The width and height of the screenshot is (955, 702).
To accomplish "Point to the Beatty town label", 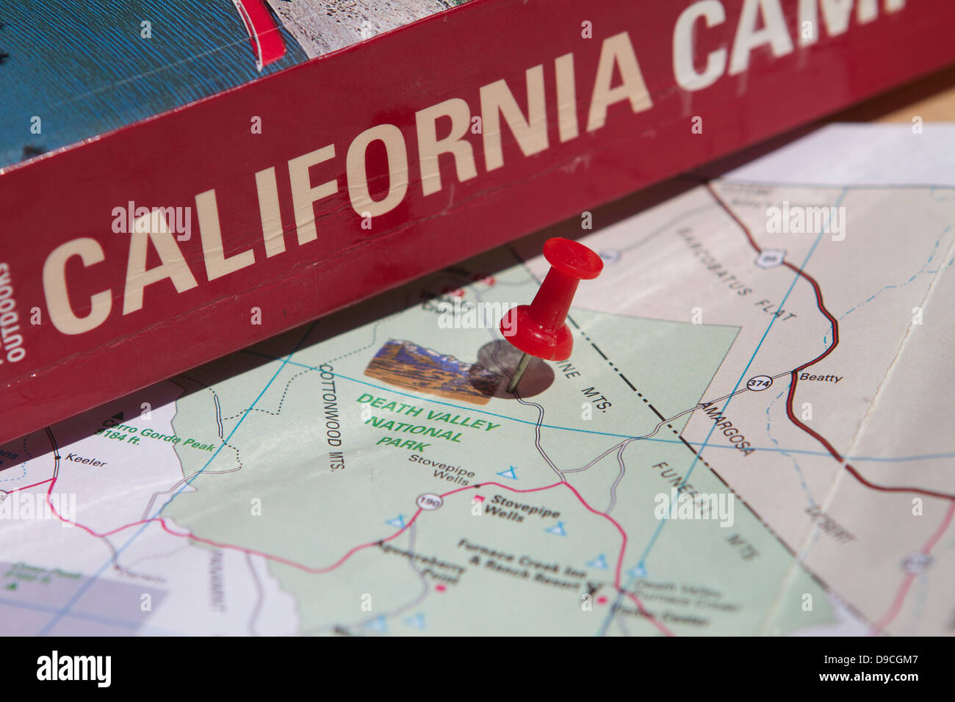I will click(x=821, y=377).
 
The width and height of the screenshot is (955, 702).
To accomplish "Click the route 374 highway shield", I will click(x=759, y=384).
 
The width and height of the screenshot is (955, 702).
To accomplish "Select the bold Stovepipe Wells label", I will click(x=515, y=508).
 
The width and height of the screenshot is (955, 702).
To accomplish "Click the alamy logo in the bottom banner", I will click(x=74, y=669).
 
